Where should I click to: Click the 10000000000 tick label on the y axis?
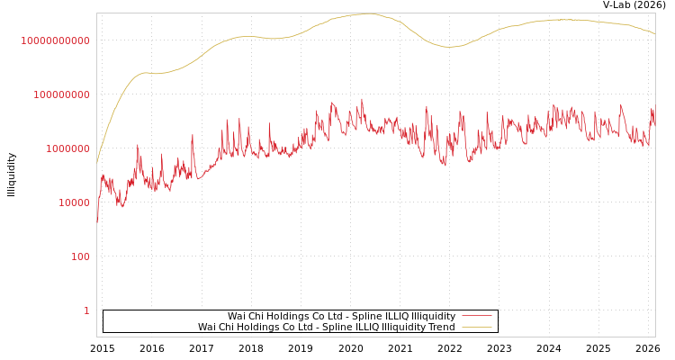[x=55, y=40]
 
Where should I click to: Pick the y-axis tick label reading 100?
[x=79, y=256]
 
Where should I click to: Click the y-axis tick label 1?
[x=86, y=310]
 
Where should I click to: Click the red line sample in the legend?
[x=476, y=316]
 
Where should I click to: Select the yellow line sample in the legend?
[x=476, y=327]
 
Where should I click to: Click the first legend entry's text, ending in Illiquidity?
[x=341, y=316]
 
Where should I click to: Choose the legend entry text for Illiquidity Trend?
[x=327, y=327]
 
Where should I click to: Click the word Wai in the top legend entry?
[x=237, y=316]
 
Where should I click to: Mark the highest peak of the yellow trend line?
[x=366, y=13]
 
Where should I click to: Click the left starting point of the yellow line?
[x=97, y=162]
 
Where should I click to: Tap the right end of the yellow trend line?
[x=654, y=33]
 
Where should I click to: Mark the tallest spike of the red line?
[x=362, y=100]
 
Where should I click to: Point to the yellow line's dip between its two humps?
[x=450, y=47]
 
